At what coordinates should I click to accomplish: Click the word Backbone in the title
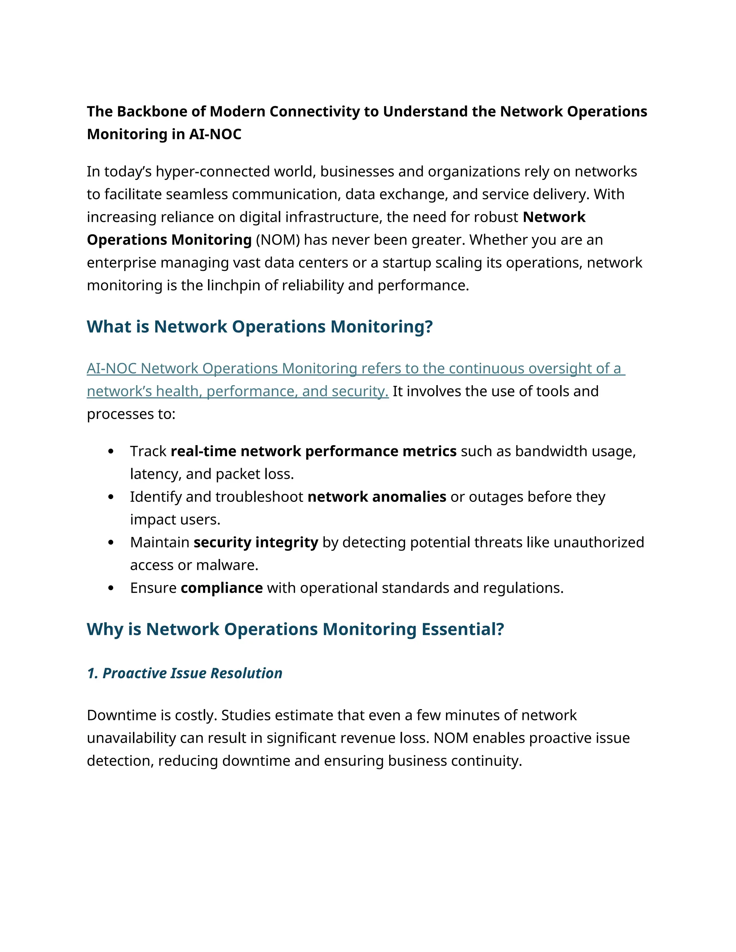point(153,112)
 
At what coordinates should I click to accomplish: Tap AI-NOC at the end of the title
point(215,134)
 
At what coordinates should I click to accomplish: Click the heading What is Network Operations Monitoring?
point(259,327)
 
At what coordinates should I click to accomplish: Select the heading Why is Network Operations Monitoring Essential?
point(295,629)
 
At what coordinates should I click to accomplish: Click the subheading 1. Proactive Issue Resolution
point(184,673)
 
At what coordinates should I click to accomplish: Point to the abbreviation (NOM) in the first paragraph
point(277,240)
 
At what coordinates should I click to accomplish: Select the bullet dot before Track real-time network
point(111,452)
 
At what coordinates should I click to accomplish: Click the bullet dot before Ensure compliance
point(111,588)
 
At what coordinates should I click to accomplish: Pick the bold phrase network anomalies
point(377,497)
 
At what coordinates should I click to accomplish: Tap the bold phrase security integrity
point(256,542)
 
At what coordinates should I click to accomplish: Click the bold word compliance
point(221,588)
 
